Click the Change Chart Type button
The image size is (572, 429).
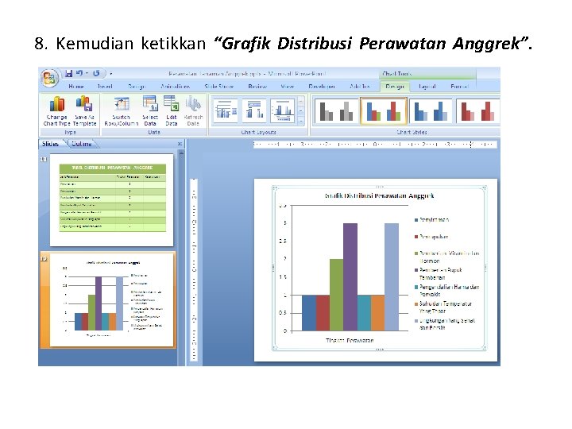click(x=57, y=110)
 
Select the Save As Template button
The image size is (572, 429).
click(x=84, y=110)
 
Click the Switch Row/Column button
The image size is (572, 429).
click(x=122, y=110)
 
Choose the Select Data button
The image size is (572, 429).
click(x=150, y=110)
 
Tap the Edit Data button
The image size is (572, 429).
click(x=172, y=110)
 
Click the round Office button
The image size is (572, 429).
click(x=50, y=78)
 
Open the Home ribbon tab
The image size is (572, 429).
click(x=76, y=86)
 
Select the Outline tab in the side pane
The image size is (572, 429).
click(x=81, y=144)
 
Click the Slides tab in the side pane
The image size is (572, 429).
click(x=52, y=144)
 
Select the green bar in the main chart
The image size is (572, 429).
click(x=336, y=294)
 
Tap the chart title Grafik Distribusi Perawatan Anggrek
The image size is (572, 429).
click(x=380, y=195)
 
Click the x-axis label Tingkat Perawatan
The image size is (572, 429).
click(x=350, y=340)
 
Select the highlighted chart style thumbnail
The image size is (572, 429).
click(x=384, y=111)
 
